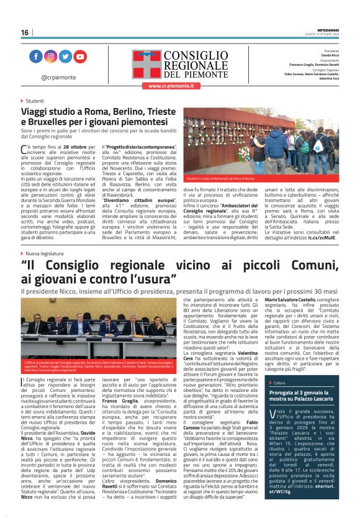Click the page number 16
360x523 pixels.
[25, 33]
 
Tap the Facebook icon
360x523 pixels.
[35, 57]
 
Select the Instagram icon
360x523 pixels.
[50, 57]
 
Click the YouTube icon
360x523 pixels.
[80, 57]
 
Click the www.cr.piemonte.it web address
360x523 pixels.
[171, 86]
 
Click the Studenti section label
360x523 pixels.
[34, 100]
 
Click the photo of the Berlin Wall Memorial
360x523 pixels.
[261, 142]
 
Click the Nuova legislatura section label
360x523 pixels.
[43, 254]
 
